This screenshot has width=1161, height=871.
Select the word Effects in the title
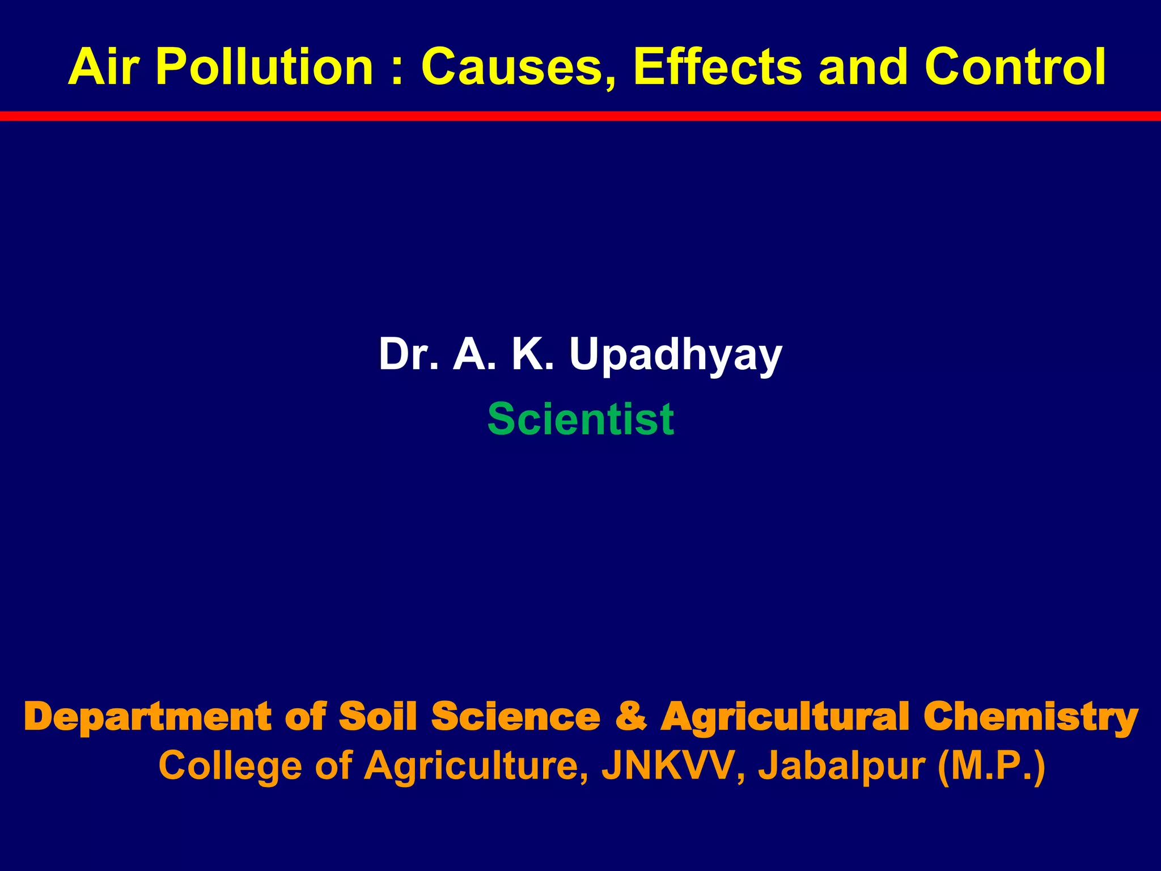click(x=718, y=67)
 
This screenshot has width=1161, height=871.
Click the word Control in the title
click(x=1015, y=67)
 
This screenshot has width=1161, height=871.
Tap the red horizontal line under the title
click(x=580, y=116)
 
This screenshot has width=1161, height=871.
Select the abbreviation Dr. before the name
click(x=408, y=354)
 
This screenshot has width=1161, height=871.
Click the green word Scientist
click(x=580, y=419)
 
